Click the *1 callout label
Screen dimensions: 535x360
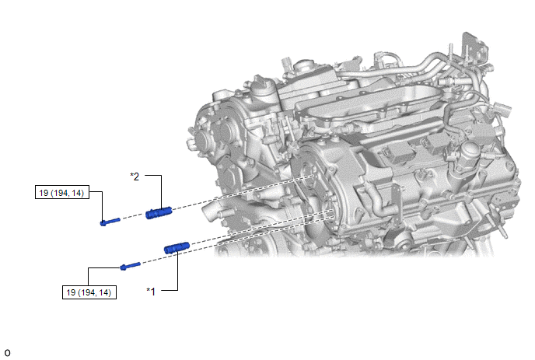click(151, 292)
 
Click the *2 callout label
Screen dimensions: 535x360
click(135, 177)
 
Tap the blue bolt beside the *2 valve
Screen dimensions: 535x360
click(110, 222)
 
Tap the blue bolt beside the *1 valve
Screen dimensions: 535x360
click(130, 266)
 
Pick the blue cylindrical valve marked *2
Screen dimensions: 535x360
click(159, 213)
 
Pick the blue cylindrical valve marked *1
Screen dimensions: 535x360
click(177, 248)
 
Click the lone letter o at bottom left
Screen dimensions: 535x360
click(7, 352)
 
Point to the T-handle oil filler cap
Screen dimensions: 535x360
click(262, 86)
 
